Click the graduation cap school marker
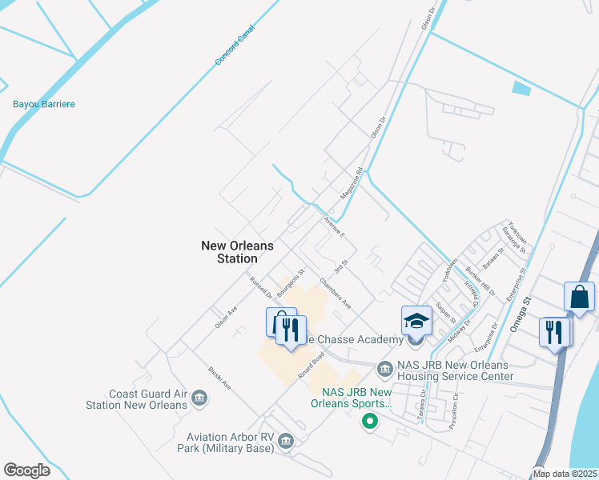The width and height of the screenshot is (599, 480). click(416, 321)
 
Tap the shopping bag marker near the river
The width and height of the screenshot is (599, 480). click(579, 297)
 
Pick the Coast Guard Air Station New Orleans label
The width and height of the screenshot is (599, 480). click(136, 398)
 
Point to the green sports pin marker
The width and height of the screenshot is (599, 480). click(369, 421)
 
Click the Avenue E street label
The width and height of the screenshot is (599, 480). click(334, 227)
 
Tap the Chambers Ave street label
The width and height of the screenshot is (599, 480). click(336, 293)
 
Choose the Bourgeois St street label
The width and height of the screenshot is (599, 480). click(292, 284)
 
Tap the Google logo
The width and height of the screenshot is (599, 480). click(27, 470)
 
